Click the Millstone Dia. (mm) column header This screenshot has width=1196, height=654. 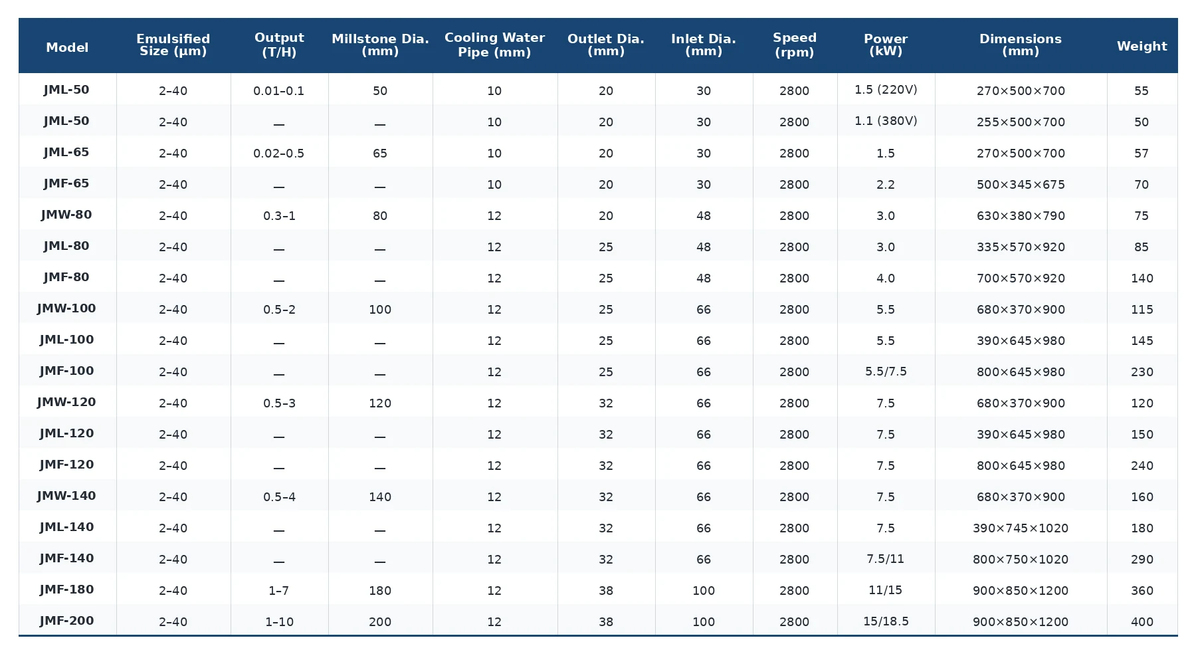(x=380, y=45)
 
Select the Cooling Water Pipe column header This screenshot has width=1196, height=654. (x=494, y=45)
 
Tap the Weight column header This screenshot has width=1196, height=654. (x=1142, y=46)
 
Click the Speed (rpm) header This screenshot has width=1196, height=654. (x=795, y=45)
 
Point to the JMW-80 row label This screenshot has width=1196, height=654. (x=66, y=215)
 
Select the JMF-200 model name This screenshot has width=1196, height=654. (x=66, y=621)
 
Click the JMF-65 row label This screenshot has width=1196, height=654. (x=66, y=183)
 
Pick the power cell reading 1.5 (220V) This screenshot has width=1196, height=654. (x=886, y=90)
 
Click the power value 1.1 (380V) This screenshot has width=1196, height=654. (x=886, y=121)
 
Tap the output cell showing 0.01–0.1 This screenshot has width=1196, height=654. (x=279, y=91)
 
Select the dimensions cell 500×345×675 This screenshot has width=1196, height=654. (x=1021, y=185)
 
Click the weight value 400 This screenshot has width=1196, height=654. (x=1142, y=622)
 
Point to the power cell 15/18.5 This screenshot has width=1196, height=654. (x=886, y=621)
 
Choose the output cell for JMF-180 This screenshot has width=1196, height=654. (x=279, y=591)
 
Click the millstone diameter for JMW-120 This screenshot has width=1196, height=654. (x=380, y=403)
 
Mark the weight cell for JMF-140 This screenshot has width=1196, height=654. (x=1142, y=560)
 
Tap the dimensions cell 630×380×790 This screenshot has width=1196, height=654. (x=1021, y=216)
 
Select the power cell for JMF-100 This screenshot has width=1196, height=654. (x=886, y=372)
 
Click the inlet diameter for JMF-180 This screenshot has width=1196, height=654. (x=704, y=591)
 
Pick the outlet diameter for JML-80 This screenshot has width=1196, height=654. (x=606, y=247)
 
